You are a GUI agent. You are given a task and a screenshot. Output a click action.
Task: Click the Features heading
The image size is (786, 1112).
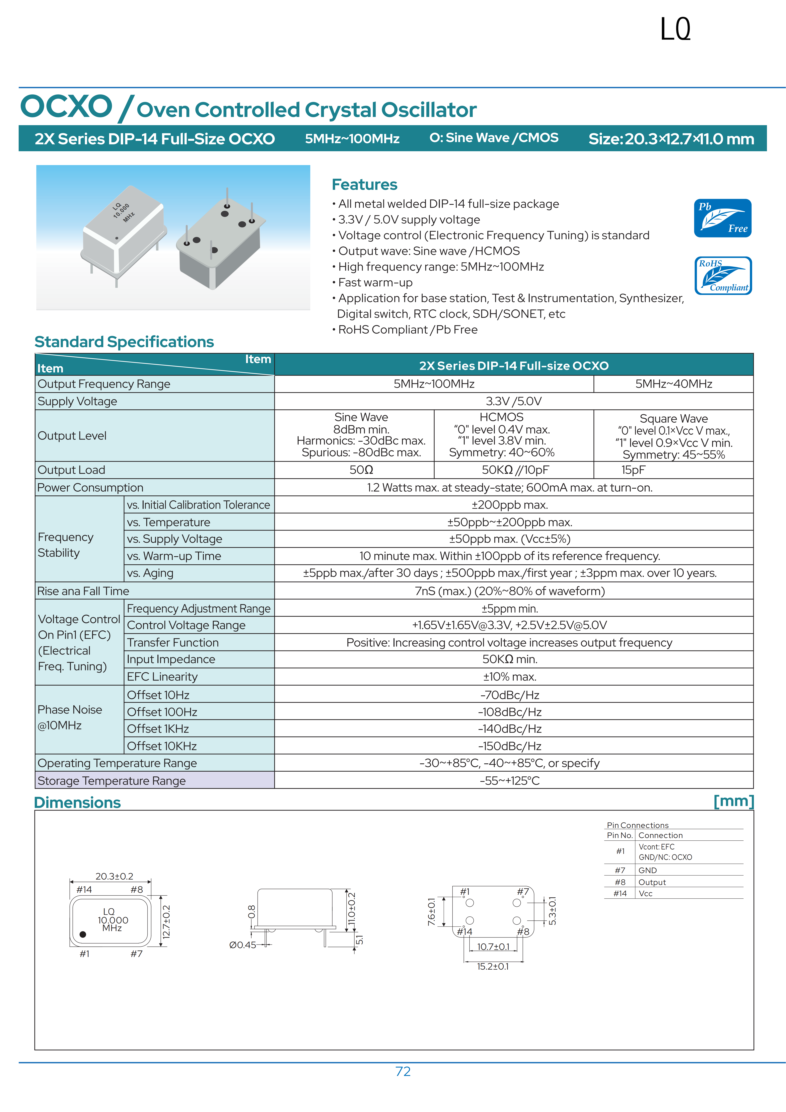click(x=364, y=185)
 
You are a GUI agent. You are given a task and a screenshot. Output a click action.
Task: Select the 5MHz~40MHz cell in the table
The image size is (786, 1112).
click(x=673, y=384)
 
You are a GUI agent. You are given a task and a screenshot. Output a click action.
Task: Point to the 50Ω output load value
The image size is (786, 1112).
click(x=361, y=470)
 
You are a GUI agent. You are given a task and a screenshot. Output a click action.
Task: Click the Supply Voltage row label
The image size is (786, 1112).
click(x=77, y=402)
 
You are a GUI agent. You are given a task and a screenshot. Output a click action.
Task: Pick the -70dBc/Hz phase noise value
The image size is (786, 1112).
click(x=509, y=695)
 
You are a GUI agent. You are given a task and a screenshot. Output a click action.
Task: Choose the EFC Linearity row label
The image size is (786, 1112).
click(x=162, y=677)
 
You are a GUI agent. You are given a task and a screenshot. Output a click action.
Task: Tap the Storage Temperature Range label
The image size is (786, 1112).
click(x=111, y=781)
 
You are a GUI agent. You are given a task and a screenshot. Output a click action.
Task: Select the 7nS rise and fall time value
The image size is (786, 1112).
click(x=509, y=591)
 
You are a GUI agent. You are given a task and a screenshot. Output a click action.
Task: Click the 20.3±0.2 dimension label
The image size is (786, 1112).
click(x=114, y=876)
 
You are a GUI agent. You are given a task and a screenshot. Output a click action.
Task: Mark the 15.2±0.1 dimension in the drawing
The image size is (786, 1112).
click(x=493, y=966)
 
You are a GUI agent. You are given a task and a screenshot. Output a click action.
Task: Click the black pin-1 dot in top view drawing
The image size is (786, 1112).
click(x=83, y=934)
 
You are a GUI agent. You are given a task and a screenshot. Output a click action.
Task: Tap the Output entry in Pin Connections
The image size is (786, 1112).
click(x=652, y=882)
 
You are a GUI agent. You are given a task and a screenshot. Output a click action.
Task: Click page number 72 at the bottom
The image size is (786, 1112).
click(x=403, y=1071)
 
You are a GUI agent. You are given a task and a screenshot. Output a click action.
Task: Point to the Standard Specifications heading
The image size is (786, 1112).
click(x=124, y=342)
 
